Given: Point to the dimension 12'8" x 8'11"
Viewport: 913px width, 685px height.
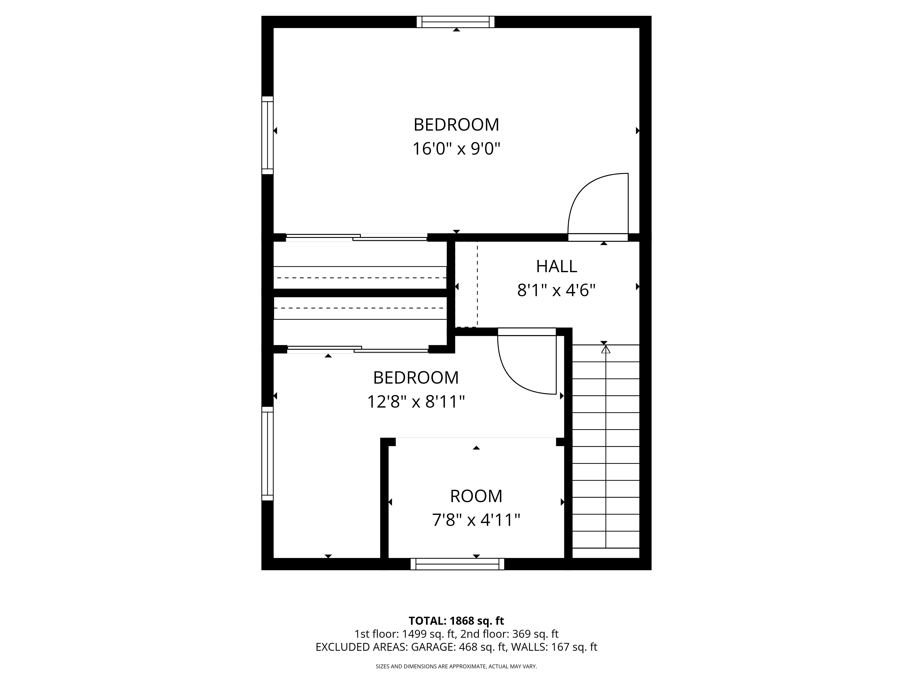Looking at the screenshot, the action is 416,401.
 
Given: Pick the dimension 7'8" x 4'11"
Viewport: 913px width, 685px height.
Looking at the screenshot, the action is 476,520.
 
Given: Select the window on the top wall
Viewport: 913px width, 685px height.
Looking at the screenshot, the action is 456,22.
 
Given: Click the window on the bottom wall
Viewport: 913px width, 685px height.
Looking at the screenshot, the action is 457,564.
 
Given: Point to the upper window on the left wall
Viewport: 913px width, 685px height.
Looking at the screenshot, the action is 268,135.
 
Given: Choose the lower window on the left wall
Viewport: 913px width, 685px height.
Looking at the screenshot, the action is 268,454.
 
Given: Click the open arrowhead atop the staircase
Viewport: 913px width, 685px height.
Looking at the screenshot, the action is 606,349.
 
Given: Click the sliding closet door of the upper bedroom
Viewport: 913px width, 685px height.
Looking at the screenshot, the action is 357,237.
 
